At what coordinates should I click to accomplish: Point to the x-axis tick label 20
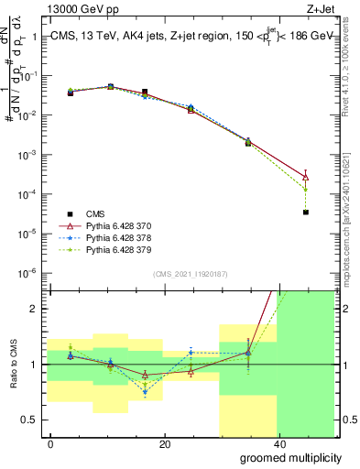(x=164, y=443)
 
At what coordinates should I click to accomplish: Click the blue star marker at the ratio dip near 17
(x=145, y=392)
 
